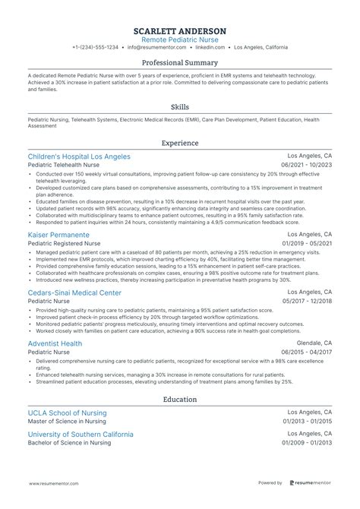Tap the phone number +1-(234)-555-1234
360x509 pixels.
coord(95,47)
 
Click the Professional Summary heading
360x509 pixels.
coord(180,63)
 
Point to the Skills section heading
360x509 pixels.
coord(180,107)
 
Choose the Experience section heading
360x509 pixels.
coord(180,143)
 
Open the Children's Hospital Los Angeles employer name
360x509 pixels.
coord(79,156)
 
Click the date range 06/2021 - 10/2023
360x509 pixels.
coord(307,165)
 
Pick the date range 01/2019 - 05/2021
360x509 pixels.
coord(307,244)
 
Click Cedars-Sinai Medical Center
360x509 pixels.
coord(74,292)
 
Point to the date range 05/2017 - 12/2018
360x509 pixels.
coord(307,301)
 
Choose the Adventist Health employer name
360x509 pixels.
coord(56,343)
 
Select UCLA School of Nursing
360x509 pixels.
coord(68,413)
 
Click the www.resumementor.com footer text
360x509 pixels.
coord(55,482)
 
